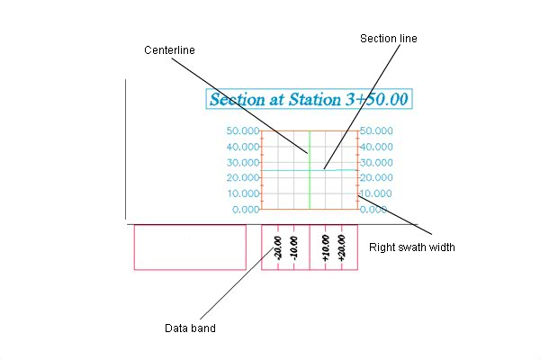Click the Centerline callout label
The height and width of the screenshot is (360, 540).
169,50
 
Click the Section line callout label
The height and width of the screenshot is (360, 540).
389,39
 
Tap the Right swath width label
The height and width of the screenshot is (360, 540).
412,247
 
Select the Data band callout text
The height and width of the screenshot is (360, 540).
190,328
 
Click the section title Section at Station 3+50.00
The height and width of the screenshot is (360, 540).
309,99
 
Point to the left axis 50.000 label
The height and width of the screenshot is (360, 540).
243,130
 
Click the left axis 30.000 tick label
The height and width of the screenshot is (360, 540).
243,162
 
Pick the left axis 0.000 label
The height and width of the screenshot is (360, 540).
246,210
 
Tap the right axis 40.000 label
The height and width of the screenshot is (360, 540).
376,147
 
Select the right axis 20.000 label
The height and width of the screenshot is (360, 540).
376,178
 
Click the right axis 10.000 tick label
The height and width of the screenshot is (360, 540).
375,193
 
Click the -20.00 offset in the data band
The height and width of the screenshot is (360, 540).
277,247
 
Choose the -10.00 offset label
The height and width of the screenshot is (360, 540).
293,247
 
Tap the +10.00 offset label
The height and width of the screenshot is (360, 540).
326,247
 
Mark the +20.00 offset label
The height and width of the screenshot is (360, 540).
341,247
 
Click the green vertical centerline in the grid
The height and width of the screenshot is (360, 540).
310,170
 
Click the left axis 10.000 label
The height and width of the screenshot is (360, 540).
243,193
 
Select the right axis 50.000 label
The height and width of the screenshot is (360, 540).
376,130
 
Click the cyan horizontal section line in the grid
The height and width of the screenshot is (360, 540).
310,170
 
